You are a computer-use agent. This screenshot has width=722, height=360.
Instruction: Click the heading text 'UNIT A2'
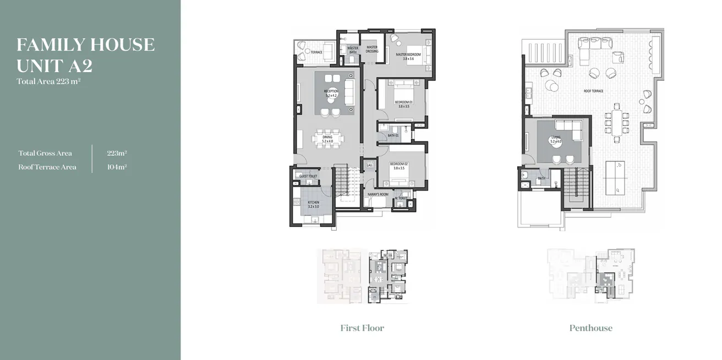coord(54,66)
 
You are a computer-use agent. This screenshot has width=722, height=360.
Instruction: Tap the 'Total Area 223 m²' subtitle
coord(49,81)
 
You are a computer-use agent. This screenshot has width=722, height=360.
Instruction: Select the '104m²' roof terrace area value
coord(117,167)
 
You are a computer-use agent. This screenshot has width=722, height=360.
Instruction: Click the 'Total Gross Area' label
coord(45,153)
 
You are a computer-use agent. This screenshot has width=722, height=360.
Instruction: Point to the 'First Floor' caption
coord(362,328)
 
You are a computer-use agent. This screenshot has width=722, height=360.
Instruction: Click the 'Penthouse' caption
coord(590,328)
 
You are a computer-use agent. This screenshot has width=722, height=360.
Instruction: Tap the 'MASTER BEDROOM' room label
coord(408,54)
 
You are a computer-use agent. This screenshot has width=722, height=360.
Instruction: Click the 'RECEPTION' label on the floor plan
coord(331,91)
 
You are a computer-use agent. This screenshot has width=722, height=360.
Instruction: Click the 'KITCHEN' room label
coord(313,203)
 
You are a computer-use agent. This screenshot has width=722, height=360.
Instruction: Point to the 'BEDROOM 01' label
coord(403,102)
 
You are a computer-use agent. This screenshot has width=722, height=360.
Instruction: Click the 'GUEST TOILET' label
coord(308,176)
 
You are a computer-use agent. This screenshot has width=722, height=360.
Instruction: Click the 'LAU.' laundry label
coord(369,165)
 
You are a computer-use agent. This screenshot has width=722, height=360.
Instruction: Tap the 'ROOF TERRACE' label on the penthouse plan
coord(593,91)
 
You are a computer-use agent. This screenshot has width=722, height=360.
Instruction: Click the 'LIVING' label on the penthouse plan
coord(555,138)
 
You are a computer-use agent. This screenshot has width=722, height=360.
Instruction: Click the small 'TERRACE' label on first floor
coord(316,52)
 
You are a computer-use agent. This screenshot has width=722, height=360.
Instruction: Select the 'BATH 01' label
coord(393,135)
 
